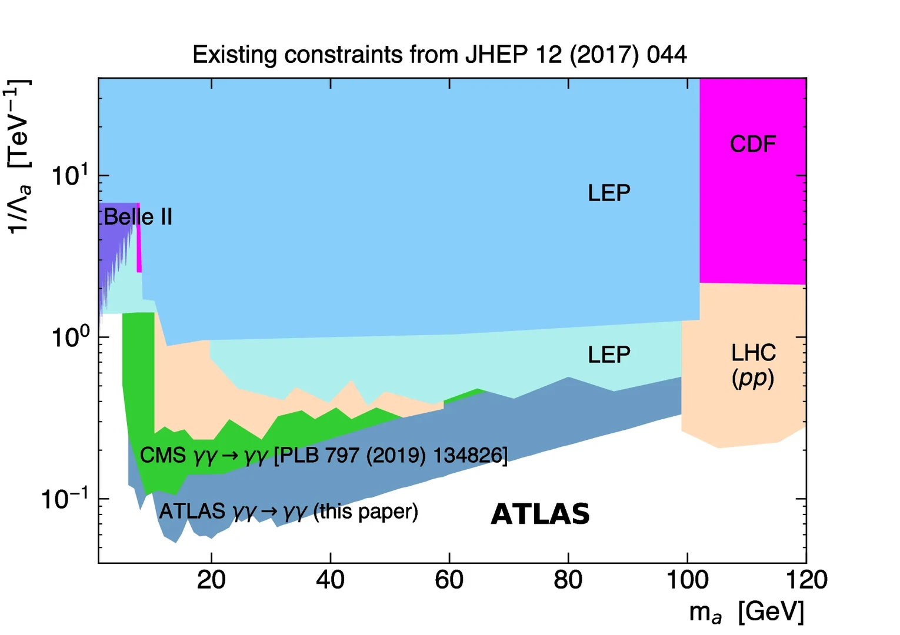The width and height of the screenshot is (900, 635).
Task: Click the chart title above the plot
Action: point(439,55)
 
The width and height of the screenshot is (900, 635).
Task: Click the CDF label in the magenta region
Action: point(753,144)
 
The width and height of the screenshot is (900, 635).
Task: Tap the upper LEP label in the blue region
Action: point(609,193)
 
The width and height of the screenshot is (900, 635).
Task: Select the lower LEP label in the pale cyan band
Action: point(609,355)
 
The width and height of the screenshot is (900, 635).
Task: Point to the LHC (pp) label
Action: point(753,365)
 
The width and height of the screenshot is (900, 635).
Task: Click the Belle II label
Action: point(138,217)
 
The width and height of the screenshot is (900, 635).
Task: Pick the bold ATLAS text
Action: point(540,514)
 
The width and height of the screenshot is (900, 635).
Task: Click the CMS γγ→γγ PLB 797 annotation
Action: point(324,455)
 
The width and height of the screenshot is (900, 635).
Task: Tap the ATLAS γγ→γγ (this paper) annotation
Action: point(288,512)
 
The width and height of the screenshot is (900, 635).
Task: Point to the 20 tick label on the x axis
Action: point(211,580)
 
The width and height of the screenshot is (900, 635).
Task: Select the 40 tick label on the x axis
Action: point(330,580)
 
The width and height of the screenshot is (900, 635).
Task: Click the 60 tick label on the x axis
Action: point(449,580)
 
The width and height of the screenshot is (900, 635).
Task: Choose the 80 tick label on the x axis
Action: point(568,580)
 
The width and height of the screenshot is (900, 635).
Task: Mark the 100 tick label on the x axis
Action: point(686,580)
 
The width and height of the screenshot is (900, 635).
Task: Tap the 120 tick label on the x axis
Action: point(806,580)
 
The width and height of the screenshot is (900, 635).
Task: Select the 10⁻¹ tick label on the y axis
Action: point(65,499)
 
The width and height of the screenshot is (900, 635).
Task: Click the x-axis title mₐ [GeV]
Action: point(746,613)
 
